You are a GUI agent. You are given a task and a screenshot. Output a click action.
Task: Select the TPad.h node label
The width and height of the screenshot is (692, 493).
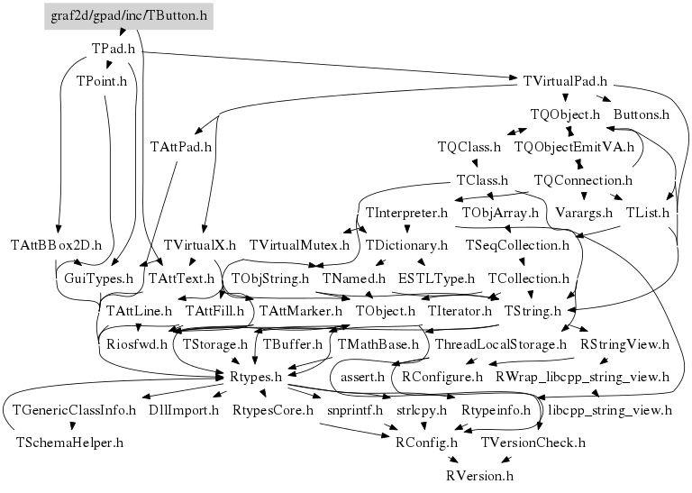click(114, 48)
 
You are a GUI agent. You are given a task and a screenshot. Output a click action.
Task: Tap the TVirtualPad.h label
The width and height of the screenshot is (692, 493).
click(565, 81)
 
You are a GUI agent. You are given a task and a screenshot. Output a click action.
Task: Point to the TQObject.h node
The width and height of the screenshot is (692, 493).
click(565, 114)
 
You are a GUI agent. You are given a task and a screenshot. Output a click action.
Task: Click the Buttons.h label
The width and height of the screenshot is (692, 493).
click(642, 114)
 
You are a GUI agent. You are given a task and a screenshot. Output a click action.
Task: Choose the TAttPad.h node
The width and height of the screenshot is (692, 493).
click(180, 146)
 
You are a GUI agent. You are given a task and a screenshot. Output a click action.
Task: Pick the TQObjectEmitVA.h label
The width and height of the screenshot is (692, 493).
click(574, 146)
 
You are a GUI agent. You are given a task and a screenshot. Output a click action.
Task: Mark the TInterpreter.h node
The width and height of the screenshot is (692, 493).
click(407, 214)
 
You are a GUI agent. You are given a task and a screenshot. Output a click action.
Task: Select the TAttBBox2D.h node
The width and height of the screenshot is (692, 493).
click(56, 244)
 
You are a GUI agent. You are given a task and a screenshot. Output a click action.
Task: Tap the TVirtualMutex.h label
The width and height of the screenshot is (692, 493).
click(298, 244)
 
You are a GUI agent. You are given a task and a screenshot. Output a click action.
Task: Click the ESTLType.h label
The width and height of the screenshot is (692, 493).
click(436, 278)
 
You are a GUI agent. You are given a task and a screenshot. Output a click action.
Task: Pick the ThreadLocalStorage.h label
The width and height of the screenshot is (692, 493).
click(500, 344)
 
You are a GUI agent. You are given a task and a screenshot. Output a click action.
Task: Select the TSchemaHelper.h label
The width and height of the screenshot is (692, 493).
click(68, 443)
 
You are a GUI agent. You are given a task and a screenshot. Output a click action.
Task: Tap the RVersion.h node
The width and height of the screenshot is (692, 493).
click(480, 474)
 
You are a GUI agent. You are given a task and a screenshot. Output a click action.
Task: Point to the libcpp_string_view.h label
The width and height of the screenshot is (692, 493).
click(610, 410)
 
